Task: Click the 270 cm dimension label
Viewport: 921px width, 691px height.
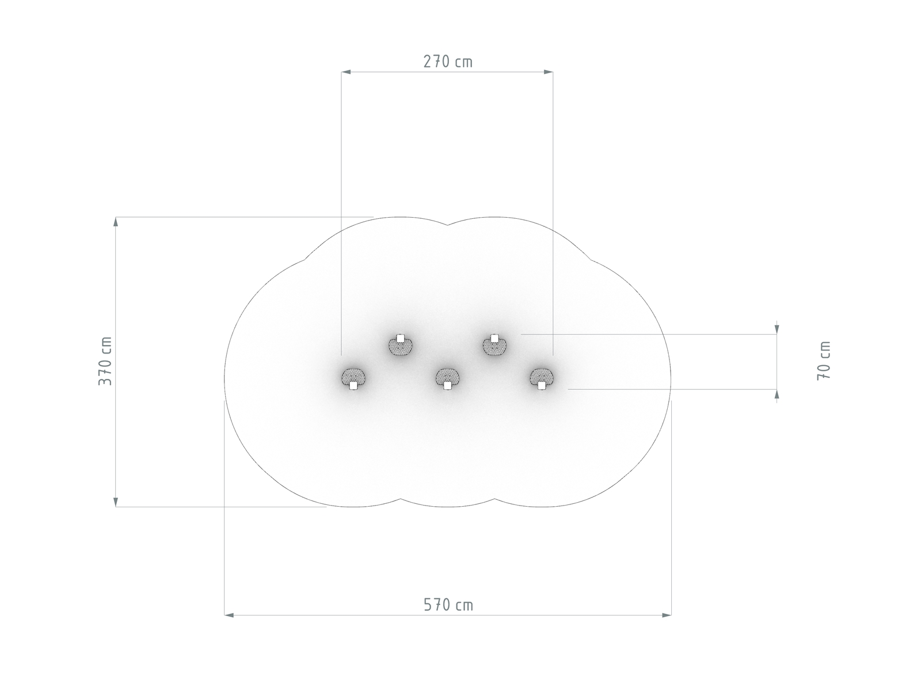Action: point(447,62)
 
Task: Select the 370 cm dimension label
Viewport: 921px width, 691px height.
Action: point(105,361)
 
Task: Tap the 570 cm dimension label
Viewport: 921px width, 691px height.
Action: point(448,605)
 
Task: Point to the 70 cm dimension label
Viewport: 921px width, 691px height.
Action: point(824,361)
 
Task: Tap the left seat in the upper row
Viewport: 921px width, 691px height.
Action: point(400,345)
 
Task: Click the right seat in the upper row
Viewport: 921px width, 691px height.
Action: point(494,345)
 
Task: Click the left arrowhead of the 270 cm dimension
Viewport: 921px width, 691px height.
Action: point(346,72)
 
